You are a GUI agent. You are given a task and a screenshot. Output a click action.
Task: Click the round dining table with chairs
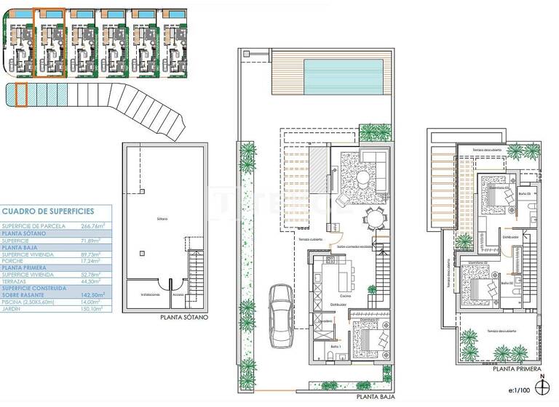point(376,218)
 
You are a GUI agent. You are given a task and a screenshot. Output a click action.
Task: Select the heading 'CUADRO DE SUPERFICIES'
point(48,211)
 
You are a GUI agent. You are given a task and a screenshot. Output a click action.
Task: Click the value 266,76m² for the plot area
point(88,226)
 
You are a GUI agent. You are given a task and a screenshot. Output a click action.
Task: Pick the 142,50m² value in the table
point(88,294)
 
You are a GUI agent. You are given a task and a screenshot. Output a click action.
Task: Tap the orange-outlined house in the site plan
point(50,43)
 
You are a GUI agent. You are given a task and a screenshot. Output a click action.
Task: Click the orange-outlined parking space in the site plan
point(21,95)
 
